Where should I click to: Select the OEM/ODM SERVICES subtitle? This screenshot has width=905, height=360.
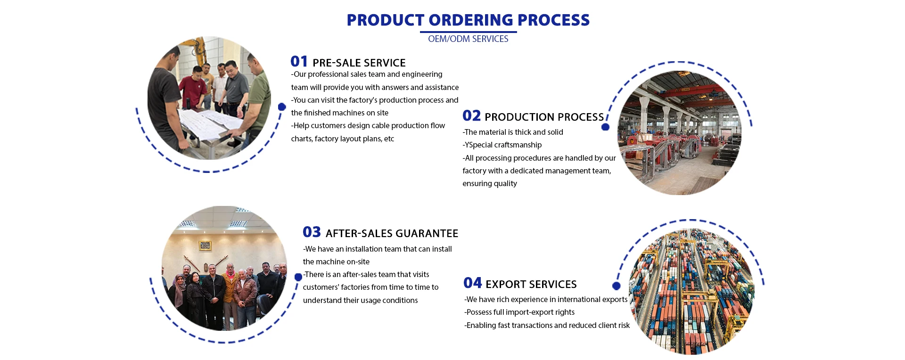coord(468,39)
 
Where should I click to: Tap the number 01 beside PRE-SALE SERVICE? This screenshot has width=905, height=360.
coord(299,62)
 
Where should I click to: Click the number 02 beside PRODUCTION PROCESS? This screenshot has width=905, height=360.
coord(471,116)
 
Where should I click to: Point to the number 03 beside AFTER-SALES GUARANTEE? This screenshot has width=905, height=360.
coord(312,232)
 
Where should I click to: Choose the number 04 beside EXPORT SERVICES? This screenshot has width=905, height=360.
coord(472,283)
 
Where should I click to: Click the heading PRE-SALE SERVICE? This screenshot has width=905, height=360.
coord(359,63)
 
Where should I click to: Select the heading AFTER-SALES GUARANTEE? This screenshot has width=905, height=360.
coord(392,234)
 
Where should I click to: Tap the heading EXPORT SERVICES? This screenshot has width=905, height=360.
coord(531,285)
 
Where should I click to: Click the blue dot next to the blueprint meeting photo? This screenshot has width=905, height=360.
coord(282,107)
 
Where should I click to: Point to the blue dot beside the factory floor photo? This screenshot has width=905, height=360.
coord(606,127)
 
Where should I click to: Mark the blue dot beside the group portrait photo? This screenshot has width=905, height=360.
coord(298,277)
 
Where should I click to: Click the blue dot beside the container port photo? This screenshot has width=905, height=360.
coord(616,286)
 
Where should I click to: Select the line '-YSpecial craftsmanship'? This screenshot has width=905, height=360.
coord(502,145)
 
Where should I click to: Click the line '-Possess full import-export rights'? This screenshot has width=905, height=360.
coord(519,312)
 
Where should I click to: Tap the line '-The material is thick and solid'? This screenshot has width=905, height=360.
coord(513,132)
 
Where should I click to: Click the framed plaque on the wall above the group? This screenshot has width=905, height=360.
coord(205,245)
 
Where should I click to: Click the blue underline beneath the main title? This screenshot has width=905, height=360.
coord(468,32)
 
